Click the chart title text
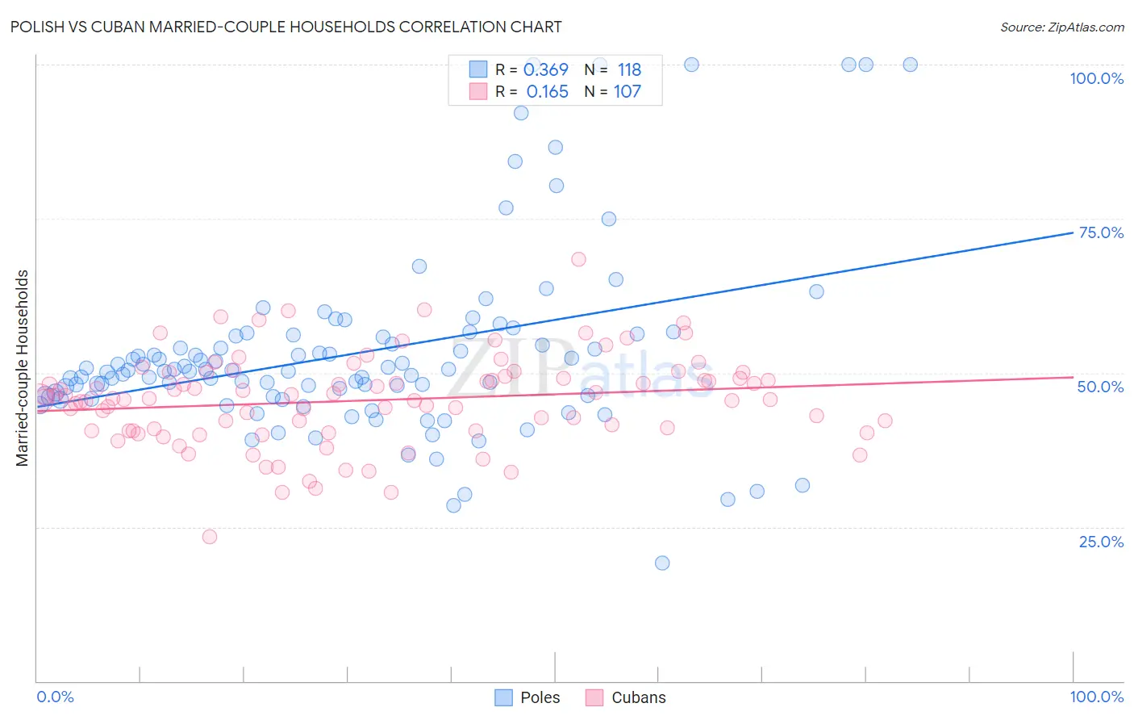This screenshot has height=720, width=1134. [286, 27]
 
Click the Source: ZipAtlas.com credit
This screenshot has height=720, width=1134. [1061, 27]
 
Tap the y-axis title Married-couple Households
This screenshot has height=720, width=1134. [23, 368]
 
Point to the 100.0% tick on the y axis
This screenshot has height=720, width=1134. [1096, 78]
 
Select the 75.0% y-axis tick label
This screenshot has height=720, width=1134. [1100, 232]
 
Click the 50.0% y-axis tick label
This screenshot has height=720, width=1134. [1100, 387]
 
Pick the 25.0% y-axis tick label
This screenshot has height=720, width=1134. [1100, 541]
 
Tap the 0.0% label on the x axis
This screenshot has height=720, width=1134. [55, 697]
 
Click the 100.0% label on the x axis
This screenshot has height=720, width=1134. [1096, 697]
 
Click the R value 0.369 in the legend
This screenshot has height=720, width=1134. [546, 70]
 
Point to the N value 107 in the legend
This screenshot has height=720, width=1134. [627, 92]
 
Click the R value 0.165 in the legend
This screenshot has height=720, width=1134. [547, 92]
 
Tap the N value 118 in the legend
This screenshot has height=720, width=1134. [629, 70]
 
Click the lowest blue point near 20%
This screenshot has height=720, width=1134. [662, 563]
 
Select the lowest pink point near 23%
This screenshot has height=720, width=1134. [210, 537]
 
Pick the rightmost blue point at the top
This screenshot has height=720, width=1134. [910, 65]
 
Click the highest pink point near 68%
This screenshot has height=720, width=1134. [578, 259]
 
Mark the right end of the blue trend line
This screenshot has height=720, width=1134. [1073, 232]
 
